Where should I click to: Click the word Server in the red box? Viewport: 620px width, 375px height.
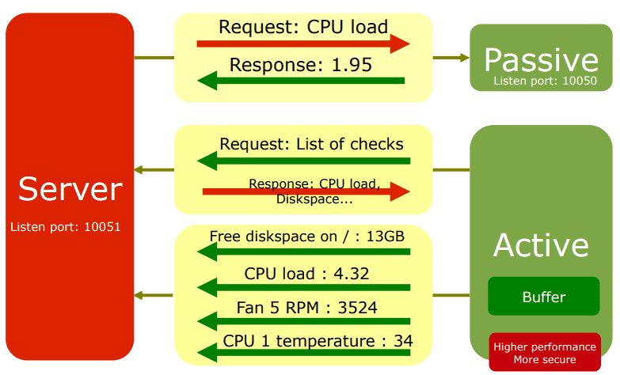click(x=70, y=190)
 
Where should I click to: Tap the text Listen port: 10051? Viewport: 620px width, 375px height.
click(x=65, y=227)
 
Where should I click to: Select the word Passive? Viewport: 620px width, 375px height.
click(x=541, y=60)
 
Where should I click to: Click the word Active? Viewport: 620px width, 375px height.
click(x=541, y=245)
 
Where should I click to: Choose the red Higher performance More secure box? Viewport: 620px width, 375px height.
click(x=544, y=353)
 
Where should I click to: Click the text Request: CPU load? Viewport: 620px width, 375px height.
click(x=303, y=27)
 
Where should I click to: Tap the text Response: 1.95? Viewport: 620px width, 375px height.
click(x=301, y=65)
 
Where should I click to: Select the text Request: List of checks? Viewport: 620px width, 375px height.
click(x=311, y=144)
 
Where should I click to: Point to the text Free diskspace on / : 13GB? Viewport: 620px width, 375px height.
click(x=307, y=237)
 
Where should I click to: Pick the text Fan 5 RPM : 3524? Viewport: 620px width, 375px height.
click(x=306, y=308)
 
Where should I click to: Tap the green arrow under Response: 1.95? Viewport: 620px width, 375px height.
click(x=301, y=80)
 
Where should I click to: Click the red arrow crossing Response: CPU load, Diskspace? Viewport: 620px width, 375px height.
click(x=306, y=191)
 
